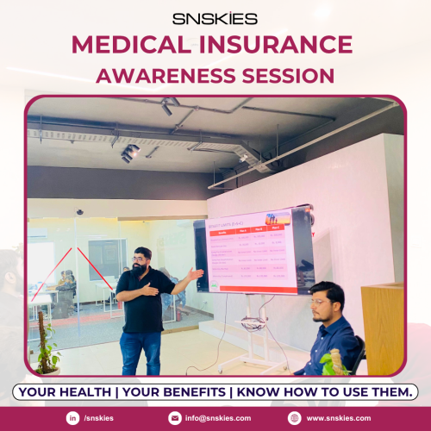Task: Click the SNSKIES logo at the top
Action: pos(215,16)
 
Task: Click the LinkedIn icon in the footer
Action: pos(72,418)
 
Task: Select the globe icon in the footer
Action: pos(295,418)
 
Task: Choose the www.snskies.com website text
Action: pos(340,418)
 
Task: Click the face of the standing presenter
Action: pos(143,258)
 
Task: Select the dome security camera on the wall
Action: pos(80,211)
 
